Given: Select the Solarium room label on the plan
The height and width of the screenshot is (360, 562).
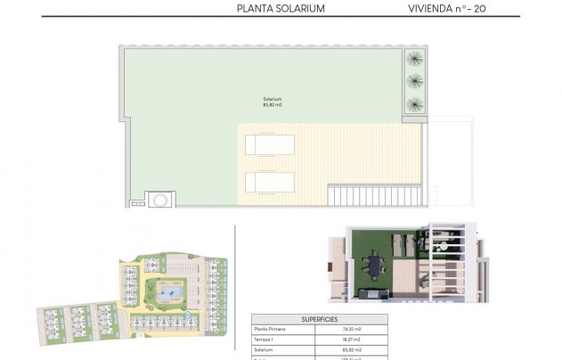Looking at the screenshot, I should (x=273, y=99).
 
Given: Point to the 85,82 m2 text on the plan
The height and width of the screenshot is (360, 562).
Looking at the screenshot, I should (x=273, y=105).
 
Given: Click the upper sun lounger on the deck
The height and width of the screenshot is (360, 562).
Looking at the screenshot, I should (x=269, y=145).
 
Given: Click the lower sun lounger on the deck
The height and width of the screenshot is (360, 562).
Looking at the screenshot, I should (x=269, y=182).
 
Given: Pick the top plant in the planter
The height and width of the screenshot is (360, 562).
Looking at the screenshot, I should (x=414, y=61).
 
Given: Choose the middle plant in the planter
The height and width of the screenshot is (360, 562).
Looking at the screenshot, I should (x=414, y=82).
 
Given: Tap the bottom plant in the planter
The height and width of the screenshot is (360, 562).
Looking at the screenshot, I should (x=414, y=104).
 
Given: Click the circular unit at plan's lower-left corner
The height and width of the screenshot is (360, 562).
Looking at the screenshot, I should (x=160, y=200).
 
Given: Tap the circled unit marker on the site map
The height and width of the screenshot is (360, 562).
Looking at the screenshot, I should (x=188, y=316).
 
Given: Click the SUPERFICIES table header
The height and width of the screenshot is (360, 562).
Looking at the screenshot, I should (x=319, y=318).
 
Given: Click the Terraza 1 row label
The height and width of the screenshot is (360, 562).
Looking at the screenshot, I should (x=265, y=340).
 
